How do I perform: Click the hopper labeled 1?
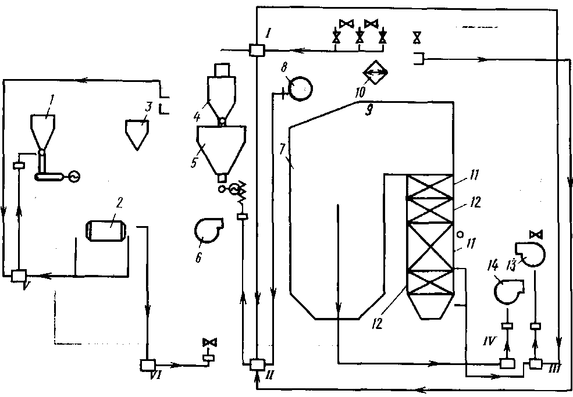coord(42,128)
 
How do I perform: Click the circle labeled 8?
coord(300,90)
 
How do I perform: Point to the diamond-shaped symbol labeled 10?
coord(375,72)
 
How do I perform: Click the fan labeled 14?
coord(507,288)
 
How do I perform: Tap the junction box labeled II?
coord(256,364)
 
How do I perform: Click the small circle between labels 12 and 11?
coord(460,235)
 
